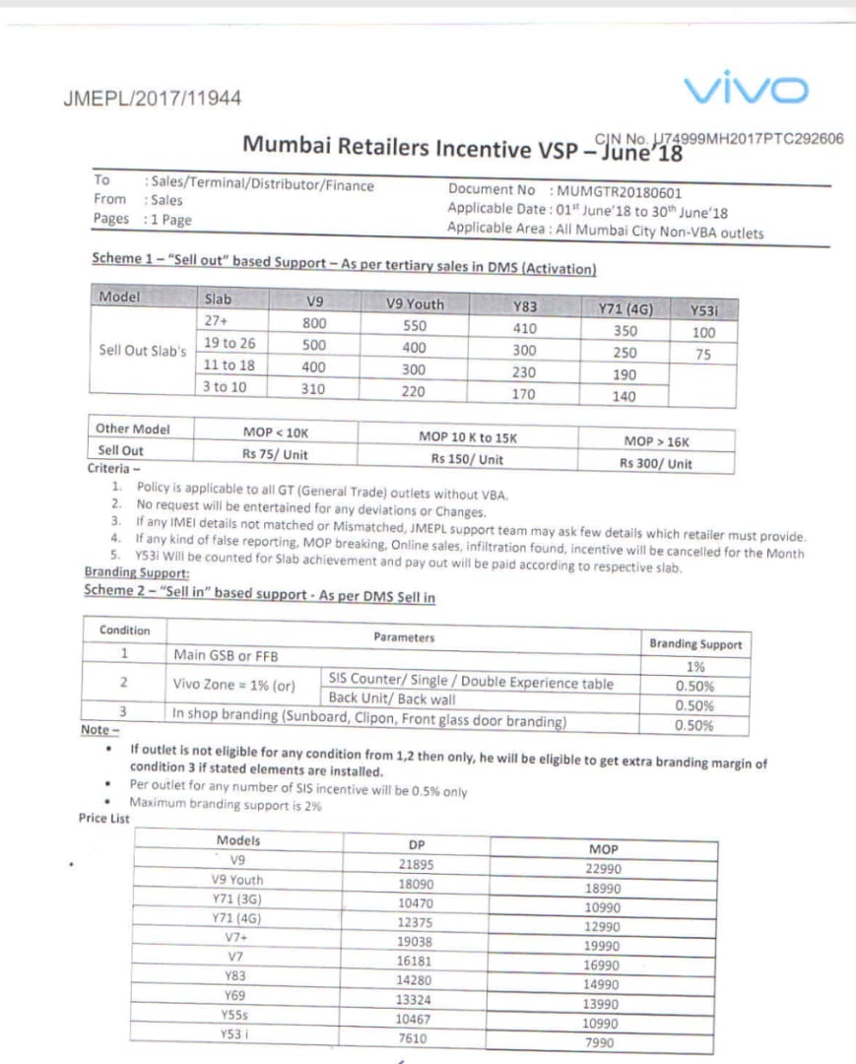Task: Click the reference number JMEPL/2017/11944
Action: pyautogui.click(x=152, y=99)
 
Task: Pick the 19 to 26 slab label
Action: pyautogui.click(x=230, y=343)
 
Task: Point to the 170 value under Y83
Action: pyautogui.click(x=524, y=394)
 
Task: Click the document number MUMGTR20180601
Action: pyautogui.click(x=619, y=192)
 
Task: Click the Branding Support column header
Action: pyautogui.click(x=695, y=644)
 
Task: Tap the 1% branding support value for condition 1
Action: pyautogui.click(x=695, y=666)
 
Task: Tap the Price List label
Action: pyautogui.click(x=104, y=819)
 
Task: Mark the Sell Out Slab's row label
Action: pyautogui.click(x=143, y=351)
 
